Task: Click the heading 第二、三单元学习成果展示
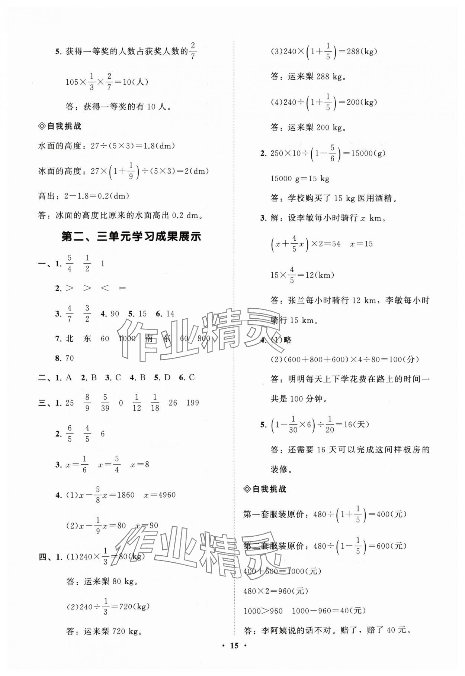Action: click(x=131, y=237)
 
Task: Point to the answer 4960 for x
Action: click(x=164, y=495)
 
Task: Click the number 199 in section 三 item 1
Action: click(x=192, y=403)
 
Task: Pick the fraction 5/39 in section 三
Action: click(x=105, y=403)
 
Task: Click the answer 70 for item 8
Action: click(x=70, y=358)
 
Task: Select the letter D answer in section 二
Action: click(x=167, y=378)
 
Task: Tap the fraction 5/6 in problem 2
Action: click(x=332, y=153)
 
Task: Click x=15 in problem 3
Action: click(x=362, y=244)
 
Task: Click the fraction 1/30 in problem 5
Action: click(x=293, y=425)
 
